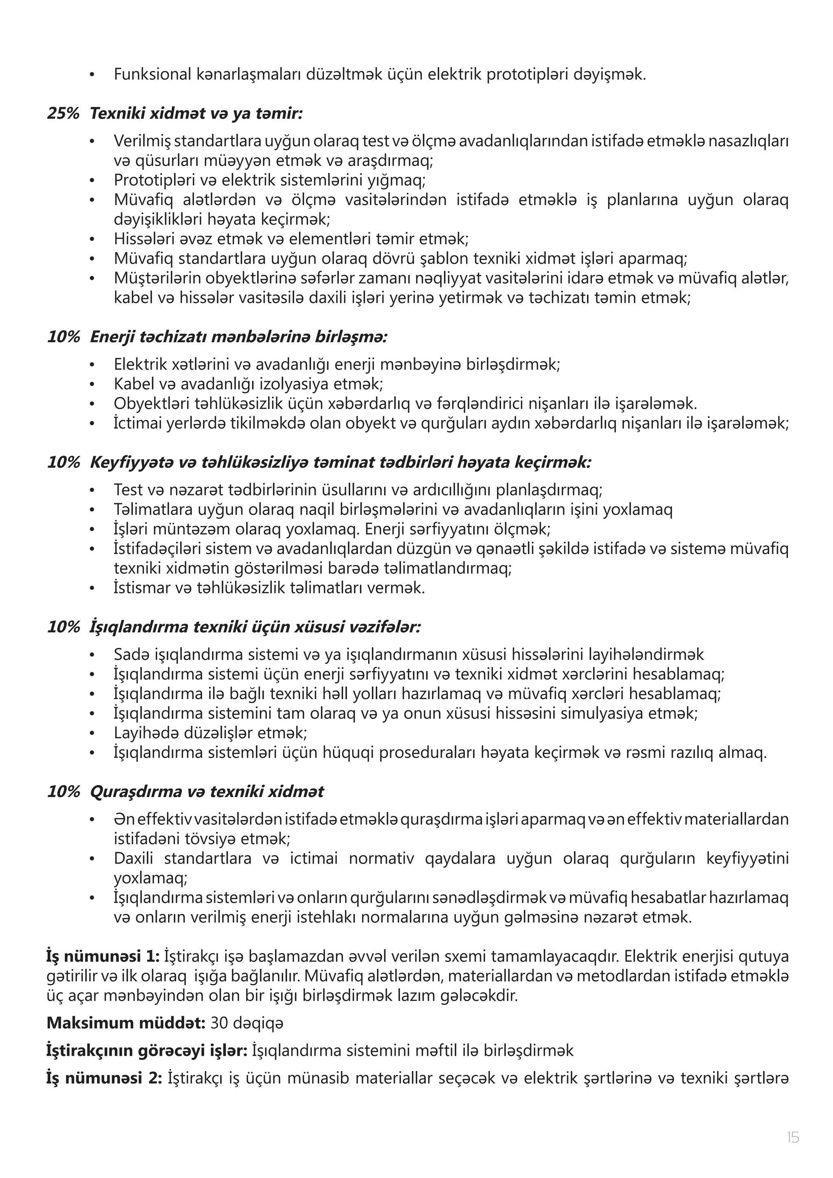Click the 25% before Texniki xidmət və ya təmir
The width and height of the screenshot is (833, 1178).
tap(63, 113)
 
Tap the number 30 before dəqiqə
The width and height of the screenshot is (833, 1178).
tap(220, 1023)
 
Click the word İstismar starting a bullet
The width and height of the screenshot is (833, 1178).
tap(138, 587)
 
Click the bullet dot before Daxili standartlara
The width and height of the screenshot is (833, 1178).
tap(92, 858)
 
